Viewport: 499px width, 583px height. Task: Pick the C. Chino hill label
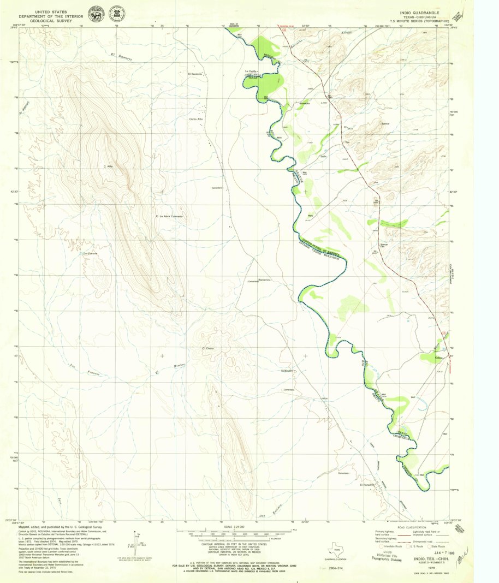207,348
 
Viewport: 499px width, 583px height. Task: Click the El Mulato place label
287,371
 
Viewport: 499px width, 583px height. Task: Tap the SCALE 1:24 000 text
222,526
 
